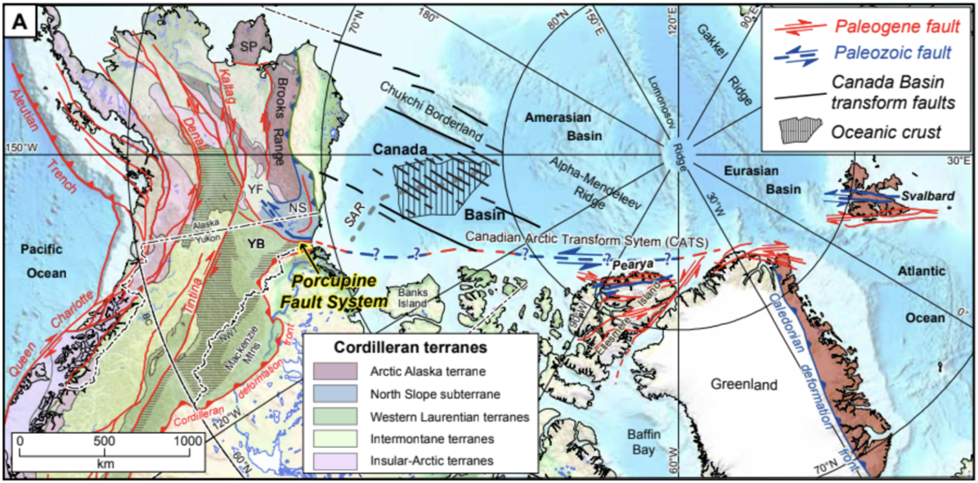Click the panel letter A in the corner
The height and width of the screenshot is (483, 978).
pyautogui.click(x=20, y=24)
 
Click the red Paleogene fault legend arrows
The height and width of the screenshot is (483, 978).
pyautogui.click(x=792, y=29)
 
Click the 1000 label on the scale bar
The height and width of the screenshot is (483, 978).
pyautogui.click(x=187, y=442)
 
